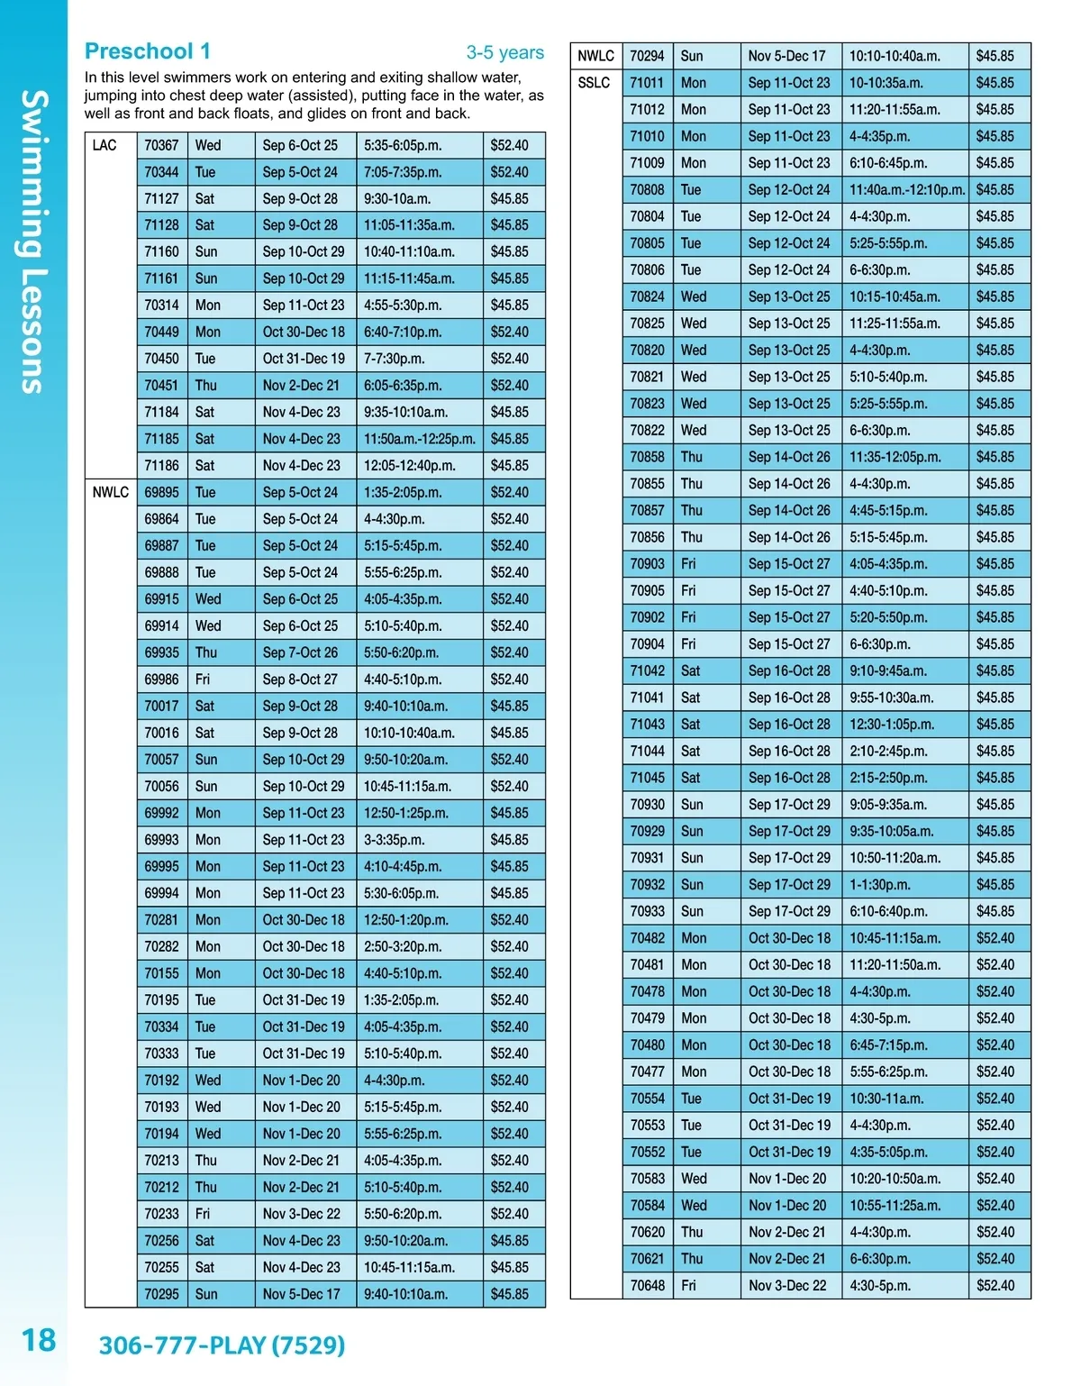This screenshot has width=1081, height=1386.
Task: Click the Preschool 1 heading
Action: tap(148, 51)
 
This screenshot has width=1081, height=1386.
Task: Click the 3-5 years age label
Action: tap(504, 52)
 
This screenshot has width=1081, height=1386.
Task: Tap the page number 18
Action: tap(39, 1340)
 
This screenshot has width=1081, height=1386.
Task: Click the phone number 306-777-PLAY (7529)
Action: tap(222, 1345)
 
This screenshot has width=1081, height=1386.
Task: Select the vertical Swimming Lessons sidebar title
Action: tap(33, 242)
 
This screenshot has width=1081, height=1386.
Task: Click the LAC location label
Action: tap(104, 145)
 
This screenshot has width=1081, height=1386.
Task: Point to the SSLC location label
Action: tap(595, 83)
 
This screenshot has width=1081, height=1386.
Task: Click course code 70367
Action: tap(161, 145)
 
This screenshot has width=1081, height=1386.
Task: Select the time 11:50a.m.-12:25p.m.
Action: tap(419, 439)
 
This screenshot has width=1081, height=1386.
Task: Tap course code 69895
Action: tap(161, 492)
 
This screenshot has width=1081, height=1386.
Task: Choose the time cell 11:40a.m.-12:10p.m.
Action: tap(906, 190)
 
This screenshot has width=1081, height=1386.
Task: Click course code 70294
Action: tap(647, 56)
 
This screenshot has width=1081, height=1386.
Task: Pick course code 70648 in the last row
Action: tap(647, 1285)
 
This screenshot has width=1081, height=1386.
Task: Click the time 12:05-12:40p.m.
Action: tap(409, 466)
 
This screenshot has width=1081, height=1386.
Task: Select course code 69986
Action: tap(161, 679)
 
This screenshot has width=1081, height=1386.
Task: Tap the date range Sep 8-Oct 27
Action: tap(300, 679)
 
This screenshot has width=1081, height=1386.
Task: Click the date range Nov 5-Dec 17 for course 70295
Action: tap(301, 1294)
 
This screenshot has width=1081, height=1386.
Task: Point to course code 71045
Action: tap(647, 778)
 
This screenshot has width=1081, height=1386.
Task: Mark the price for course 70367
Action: tap(509, 145)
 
